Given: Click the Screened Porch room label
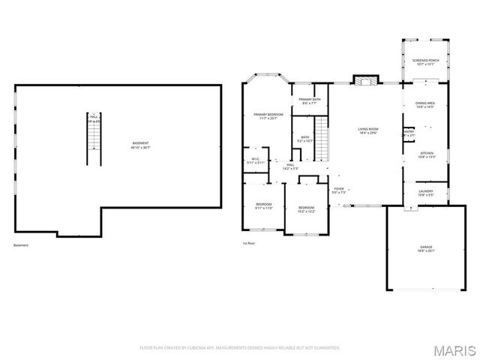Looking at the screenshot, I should (424, 62).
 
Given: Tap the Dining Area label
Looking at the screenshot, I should (425, 105).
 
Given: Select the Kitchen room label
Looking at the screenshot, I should (426, 154).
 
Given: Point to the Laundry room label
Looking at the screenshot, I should (425, 193).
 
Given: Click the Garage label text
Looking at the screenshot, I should (425, 248).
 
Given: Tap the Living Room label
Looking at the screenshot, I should (367, 131).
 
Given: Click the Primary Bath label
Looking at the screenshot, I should (310, 101).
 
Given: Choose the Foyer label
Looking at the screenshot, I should (339, 190).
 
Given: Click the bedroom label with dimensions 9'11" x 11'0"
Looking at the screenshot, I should (263, 205).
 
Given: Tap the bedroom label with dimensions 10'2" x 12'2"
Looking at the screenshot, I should (306, 208).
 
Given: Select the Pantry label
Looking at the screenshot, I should (409, 133).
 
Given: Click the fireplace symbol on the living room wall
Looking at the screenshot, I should (364, 80).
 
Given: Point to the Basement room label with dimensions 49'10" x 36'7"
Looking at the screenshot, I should (140, 145).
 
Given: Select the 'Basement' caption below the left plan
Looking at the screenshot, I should (22, 245).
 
